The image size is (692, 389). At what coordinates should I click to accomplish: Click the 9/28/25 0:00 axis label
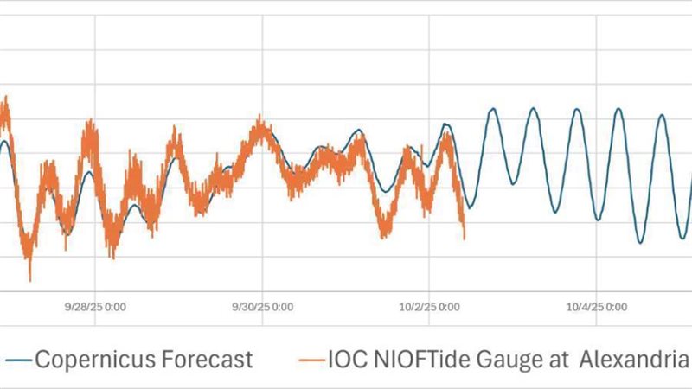(95, 306)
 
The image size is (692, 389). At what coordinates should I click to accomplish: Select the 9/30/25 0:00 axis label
(263, 306)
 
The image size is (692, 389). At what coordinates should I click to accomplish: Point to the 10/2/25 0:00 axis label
(431, 306)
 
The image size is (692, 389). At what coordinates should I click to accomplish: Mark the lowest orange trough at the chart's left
(29, 278)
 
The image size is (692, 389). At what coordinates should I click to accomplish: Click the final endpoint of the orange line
(465, 239)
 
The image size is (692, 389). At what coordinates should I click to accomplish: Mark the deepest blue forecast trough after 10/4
(641, 243)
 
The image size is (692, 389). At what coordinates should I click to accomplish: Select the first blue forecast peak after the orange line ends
(493, 109)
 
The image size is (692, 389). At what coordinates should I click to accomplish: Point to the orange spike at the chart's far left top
(6, 99)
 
